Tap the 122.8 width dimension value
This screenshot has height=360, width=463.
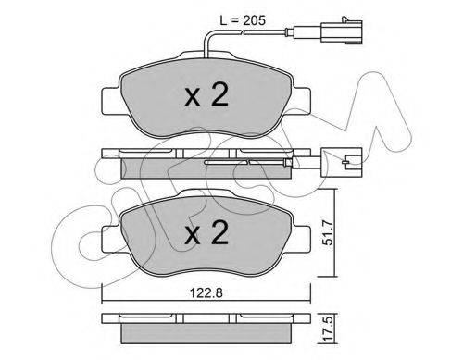coord(206,292)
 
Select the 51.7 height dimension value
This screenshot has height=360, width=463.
coord(328,232)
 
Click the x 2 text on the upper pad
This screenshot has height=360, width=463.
coord(206,94)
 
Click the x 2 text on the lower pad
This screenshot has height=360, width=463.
coord(206,232)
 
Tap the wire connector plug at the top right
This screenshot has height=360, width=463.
coord(342,31)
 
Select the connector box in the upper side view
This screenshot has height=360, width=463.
coord(342,162)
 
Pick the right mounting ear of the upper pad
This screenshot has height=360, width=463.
coord(301,101)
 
